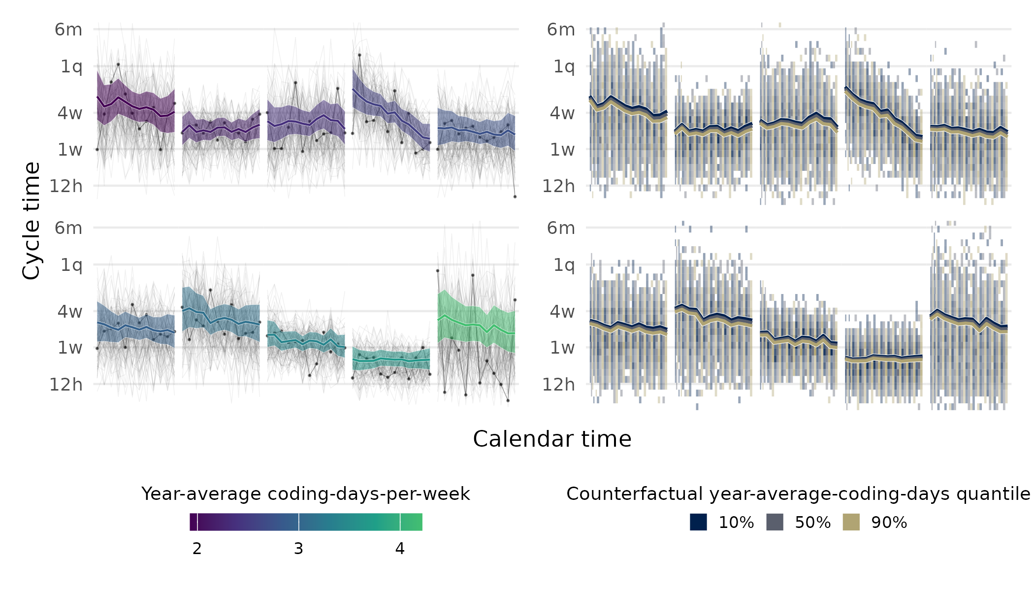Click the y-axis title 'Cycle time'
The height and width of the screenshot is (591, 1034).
point(32,221)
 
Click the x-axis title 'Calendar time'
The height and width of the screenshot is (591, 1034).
point(551,439)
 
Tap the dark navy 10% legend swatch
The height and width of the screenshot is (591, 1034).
point(698,522)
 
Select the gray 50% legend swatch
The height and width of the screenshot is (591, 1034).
point(775,522)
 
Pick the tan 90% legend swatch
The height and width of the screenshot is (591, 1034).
point(851,522)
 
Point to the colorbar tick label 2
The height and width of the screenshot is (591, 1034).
point(197,549)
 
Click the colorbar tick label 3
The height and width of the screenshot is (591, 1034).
point(298,549)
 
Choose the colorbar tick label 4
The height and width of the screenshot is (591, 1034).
point(400,549)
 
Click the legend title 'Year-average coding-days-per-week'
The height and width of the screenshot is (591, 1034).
point(305,494)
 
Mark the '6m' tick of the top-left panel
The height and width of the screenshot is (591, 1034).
point(68,30)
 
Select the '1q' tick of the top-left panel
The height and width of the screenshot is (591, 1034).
point(71,66)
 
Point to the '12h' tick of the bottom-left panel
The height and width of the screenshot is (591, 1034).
point(66,384)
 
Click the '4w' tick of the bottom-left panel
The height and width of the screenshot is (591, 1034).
point(70,311)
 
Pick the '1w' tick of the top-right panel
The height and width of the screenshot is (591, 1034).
point(562,149)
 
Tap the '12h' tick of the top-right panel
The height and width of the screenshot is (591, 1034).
point(558,186)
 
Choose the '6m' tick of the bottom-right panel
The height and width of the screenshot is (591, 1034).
point(561,228)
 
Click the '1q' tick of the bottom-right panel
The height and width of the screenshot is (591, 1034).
point(564,265)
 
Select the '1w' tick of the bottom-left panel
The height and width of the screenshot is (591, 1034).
point(70,348)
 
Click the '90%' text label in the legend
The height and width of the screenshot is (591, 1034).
point(889,523)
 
